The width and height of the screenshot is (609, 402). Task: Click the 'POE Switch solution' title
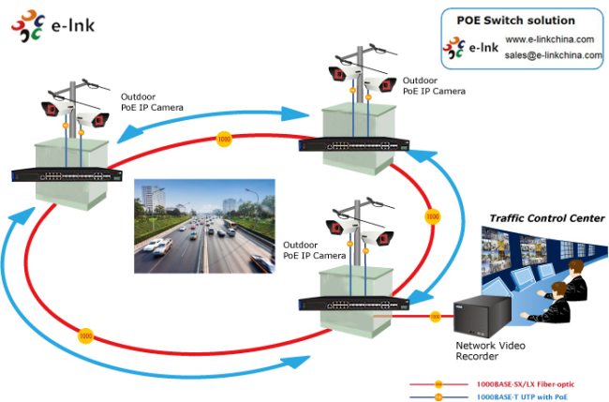(515, 20)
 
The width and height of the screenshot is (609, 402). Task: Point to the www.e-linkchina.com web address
(551, 39)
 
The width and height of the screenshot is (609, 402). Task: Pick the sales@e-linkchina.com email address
(553, 55)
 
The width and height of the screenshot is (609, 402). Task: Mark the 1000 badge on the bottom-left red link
(86, 335)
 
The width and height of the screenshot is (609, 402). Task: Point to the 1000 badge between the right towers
(432, 216)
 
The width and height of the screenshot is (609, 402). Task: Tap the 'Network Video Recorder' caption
(490, 351)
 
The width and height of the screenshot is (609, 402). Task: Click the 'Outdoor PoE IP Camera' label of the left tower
(152, 101)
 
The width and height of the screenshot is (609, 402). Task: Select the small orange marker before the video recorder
(436, 317)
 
